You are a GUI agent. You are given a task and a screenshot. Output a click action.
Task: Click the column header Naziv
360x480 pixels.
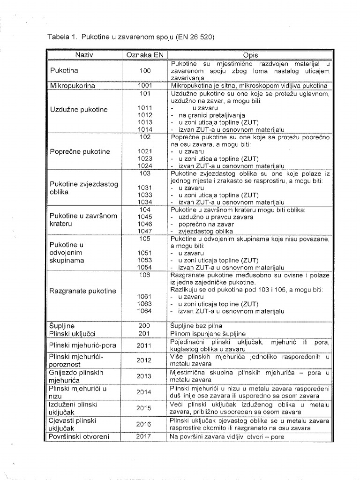point(84,55)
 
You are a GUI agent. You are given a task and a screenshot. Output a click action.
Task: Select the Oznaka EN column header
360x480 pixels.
point(144,55)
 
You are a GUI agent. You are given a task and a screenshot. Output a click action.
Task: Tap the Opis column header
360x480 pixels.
point(250,55)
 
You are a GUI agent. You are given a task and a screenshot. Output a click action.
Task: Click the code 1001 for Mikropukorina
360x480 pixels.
point(145,86)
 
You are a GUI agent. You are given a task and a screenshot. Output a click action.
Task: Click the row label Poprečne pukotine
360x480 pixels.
point(80,152)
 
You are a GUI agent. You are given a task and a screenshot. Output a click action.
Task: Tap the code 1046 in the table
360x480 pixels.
point(145,224)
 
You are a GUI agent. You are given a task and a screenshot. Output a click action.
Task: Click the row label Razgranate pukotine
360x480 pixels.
point(82,291)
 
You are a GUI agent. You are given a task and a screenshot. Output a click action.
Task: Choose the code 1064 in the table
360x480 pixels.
point(145,311)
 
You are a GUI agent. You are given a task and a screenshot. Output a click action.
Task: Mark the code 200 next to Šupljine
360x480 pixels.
point(145,325)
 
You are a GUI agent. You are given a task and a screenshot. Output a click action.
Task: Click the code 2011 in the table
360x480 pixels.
point(143,346)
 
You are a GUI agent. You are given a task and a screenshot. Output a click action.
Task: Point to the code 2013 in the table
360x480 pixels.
point(143,376)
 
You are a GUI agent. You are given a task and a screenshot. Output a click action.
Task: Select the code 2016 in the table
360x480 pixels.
point(143,424)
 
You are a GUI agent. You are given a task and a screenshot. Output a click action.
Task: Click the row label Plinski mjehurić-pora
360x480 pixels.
point(82,346)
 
